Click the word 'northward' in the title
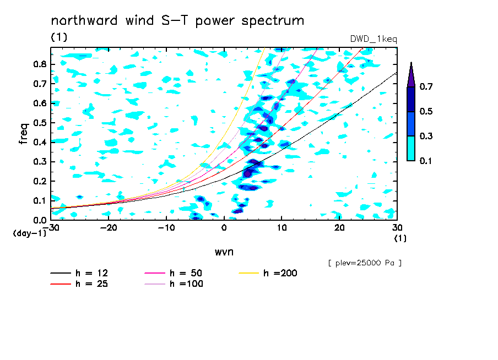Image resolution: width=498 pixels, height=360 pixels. click(x=84, y=20)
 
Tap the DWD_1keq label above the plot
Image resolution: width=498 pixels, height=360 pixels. click(x=373, y=39)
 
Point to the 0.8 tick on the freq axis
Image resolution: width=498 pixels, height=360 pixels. click(x=40, y=64)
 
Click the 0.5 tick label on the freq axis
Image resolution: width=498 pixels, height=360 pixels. click(x=40, y=123)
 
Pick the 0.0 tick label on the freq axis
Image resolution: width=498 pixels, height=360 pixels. click(x=40, y=220)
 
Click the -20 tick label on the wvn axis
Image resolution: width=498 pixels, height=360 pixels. click(x=109, y=228)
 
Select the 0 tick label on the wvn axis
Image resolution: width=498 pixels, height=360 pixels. click(x=224, y=228)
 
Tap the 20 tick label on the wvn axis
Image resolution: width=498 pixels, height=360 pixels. click(x=339, y=228)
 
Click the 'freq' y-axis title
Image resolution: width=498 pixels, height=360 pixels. click(x=24, y=134)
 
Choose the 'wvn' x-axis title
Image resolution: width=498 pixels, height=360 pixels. click(x=224, y=252)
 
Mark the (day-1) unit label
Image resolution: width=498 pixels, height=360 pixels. click(x=29, y=233)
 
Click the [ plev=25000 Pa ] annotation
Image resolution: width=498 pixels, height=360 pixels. click(x=365, y=263)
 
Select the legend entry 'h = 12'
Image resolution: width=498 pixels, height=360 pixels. click(x=79, y=273)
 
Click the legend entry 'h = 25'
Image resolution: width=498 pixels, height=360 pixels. click(x=79, y=283)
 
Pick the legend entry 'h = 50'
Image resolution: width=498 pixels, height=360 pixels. click(x=174, y=273)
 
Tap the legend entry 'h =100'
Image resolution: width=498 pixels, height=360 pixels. click(x=174, y=283)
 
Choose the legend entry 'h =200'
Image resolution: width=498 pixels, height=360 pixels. click(x=268, y=273)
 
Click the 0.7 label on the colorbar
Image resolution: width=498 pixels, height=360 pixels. click(x=426, y=86)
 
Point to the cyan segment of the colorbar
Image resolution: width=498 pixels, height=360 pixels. click(x=411, y=148)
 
